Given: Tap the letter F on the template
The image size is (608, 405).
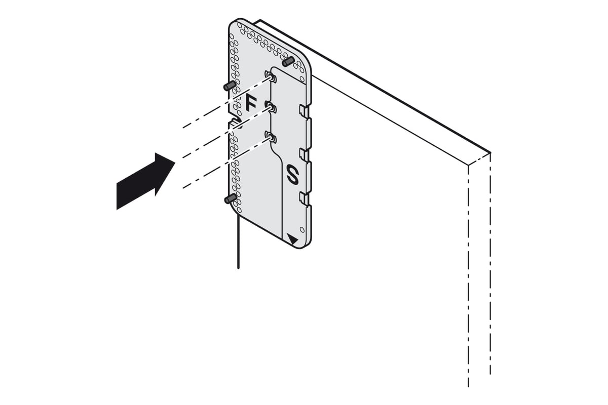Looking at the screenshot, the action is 251,103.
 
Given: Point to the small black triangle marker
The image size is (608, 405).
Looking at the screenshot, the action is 293,240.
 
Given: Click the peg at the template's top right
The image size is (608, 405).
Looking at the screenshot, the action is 288,62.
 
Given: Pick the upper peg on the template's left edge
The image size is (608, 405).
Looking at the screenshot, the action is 230,86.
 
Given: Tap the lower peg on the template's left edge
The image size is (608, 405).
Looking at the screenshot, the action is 231,199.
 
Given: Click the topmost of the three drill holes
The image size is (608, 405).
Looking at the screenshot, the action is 271,77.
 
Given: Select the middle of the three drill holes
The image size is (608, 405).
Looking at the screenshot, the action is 271,107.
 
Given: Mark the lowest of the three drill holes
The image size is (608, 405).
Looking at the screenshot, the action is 271,137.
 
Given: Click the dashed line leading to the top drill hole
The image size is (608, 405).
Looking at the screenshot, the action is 227,103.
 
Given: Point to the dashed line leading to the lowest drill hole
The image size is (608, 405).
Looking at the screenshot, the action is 227,163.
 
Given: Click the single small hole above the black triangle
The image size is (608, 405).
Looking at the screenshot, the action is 302,229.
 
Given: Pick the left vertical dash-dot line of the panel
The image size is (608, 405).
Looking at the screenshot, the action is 469,275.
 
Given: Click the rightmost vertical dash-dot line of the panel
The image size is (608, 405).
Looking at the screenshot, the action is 490,264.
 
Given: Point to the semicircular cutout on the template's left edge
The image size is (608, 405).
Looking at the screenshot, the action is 238,123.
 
